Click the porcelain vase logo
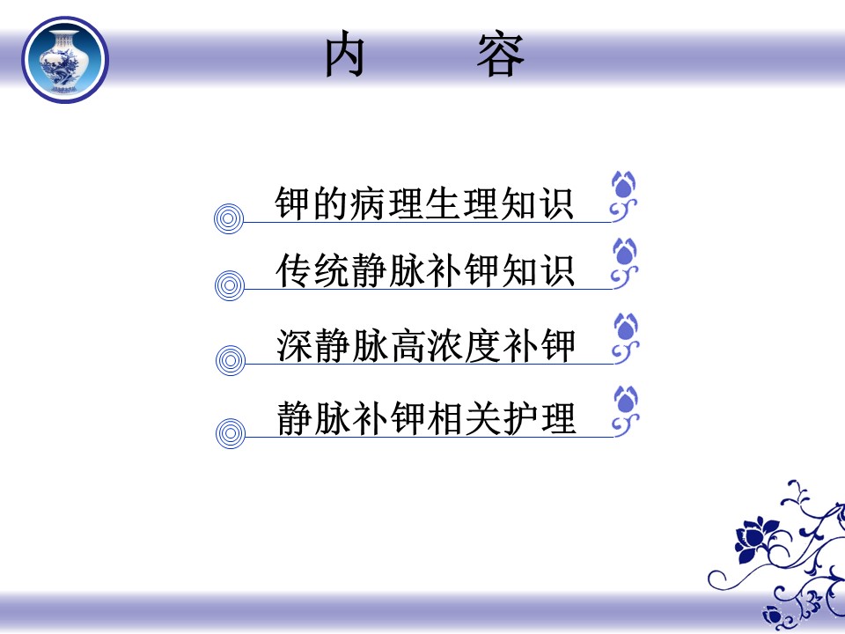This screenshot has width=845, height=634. (65, 59)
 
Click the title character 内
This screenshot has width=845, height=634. (345, 55)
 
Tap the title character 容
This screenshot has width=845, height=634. (500, 55)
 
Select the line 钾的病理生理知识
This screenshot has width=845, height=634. (423, 203)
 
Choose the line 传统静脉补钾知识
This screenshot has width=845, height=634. (424, 270)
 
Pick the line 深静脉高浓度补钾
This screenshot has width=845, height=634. (426, 345)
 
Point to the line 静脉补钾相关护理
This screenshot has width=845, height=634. (426, 418)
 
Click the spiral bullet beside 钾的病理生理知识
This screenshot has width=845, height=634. (229, 219)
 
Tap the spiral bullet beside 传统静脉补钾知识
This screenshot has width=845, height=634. (230, 285)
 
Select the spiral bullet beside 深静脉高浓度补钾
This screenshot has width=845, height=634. (231, 361)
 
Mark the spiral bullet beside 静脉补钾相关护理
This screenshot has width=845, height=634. (231, 433)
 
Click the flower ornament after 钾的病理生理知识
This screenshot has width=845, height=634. (623, 195)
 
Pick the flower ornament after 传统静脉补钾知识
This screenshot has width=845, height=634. (625, 263)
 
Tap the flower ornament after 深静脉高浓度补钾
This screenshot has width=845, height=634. (626, 338)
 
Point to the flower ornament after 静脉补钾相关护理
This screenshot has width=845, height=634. (626, 411)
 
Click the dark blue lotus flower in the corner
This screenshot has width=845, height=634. (755, 538)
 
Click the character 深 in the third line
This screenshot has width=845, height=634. (295, 345)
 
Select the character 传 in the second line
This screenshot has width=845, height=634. (294, 270)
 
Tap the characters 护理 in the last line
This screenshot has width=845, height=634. (539, 418)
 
